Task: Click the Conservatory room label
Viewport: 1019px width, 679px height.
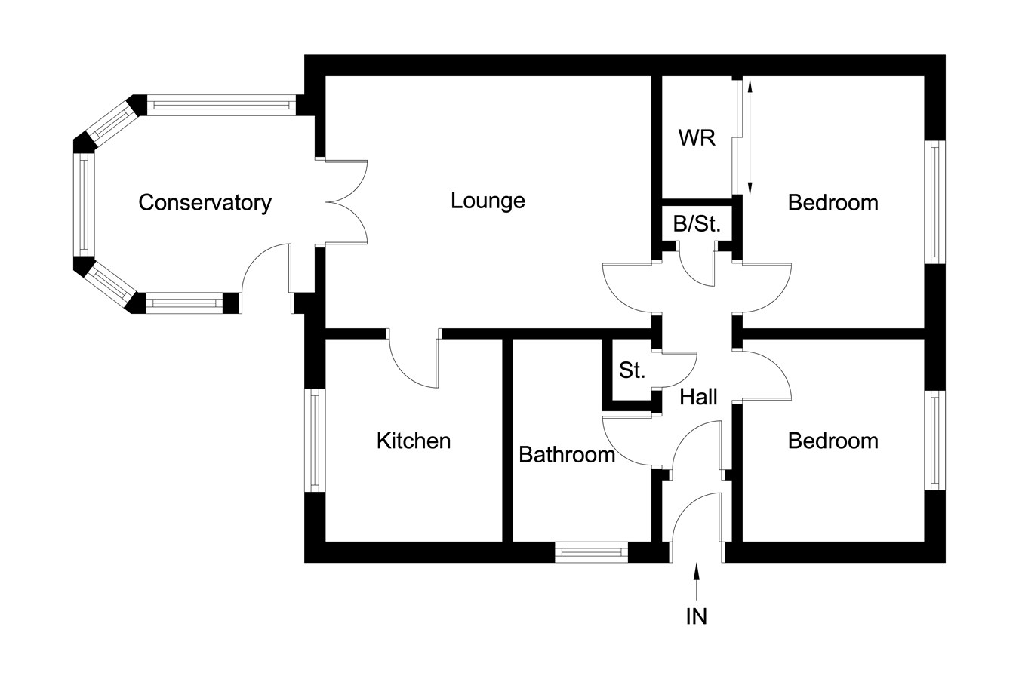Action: coord(205,203)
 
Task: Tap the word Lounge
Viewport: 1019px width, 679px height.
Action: coord(488,201)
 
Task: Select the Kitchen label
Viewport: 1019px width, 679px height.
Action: coord(414,441)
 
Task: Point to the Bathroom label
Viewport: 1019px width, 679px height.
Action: coord(567,454)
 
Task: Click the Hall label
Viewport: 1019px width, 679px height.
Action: coord(698,397)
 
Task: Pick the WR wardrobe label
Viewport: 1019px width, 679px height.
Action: coord(697,138)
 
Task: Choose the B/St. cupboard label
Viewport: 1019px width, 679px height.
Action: coord(697,224)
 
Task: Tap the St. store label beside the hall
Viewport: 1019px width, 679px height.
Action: coord(632,370)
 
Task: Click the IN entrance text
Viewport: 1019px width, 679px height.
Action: coord(697,616)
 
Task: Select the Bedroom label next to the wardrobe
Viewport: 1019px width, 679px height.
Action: coord(833,203)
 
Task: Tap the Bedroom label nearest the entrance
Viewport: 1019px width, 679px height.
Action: coord(833,441)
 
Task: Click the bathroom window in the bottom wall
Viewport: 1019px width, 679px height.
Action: coord(591,552)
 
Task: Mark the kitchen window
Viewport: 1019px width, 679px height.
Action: coord(315,441)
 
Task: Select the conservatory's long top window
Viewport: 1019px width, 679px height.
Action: coord(222,105)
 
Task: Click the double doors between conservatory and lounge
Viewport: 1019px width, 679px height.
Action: coord(346,202)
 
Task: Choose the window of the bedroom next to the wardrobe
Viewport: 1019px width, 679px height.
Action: coord(935,202)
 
